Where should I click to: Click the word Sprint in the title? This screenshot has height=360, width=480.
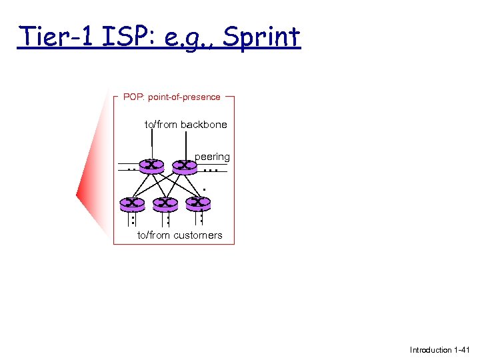click(261, 37)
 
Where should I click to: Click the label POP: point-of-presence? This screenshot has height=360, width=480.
click(171, 97)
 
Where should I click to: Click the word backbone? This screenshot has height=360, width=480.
click(203, 125)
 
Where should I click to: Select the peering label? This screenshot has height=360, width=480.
click(212, 157)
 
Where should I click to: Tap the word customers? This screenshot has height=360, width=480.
click(198, 235)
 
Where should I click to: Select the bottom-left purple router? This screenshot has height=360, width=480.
click(133, 203)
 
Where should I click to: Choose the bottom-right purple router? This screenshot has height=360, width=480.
click(198, 202)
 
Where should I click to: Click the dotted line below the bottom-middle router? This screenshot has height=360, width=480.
click(167, 217)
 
